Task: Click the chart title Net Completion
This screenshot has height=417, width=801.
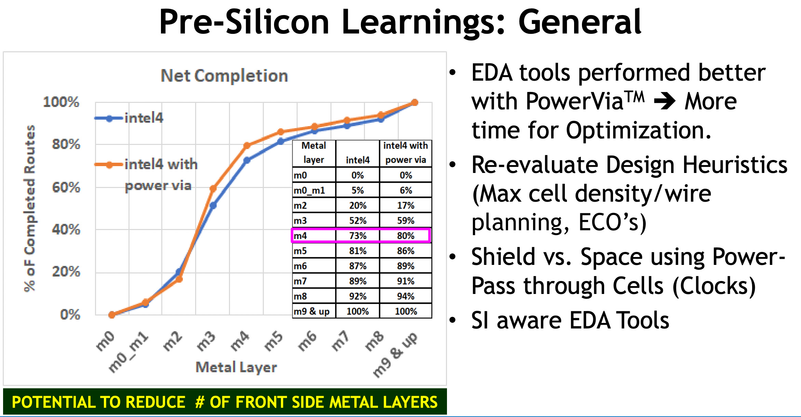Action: (x=224, y=76)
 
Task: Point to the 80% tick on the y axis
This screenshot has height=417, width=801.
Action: (x=66, y=144)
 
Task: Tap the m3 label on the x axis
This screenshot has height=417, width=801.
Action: (x=206, y=341)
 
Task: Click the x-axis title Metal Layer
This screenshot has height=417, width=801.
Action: (x=236, y=367)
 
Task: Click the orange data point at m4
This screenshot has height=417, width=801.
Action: (x=247, y=146)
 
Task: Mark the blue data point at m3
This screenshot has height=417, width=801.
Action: (x=213, y=206)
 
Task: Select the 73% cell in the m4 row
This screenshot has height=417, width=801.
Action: (x=357, y=236)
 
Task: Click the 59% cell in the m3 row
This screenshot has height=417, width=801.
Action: (x=406, y=221)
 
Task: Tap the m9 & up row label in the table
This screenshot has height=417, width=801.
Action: (x=312, y=311)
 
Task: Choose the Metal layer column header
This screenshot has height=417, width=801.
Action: (x=314, y=153)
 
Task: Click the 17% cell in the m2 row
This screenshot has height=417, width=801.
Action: (x=406, y=206)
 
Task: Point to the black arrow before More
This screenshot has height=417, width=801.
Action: (x=664, y=102)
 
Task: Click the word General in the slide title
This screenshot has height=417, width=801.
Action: (x=580, y=22)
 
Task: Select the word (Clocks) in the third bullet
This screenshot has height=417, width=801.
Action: (x=714, y=286)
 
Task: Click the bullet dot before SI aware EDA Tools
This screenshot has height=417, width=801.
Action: (x=453, y=320)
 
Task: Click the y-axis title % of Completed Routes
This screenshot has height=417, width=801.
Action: (x=30, y=208)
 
